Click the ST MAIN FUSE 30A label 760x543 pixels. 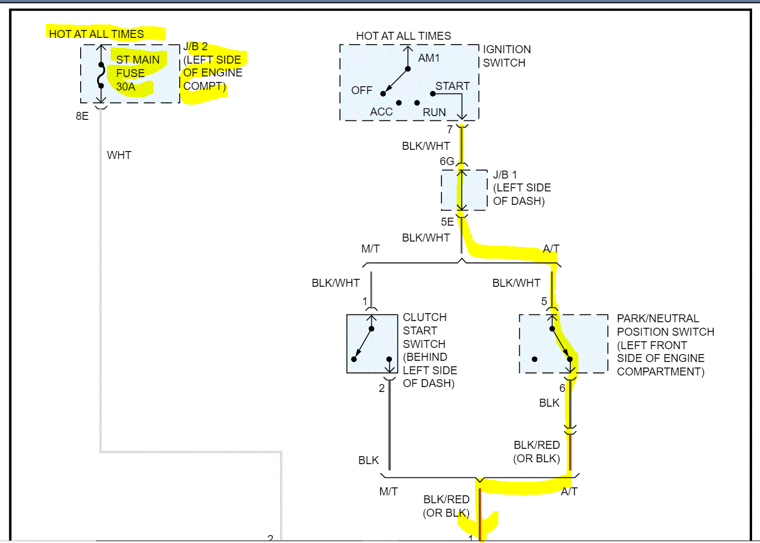click(138, 73)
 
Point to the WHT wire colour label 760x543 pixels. click(119, 155)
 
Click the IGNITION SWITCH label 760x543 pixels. click(507, 56)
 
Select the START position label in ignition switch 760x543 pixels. click(452, 86)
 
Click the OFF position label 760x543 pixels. click(361, 90)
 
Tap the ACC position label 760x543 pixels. click(381, 112)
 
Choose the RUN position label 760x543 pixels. click(434, 112)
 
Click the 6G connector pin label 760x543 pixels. click(447, 161)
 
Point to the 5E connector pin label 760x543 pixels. click(447, 222)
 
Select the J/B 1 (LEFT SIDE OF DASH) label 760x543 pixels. click(522, 188)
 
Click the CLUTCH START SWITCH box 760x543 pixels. click(371, 344)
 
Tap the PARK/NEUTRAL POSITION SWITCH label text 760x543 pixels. click(665, 345)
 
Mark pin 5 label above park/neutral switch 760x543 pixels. click(544, 301)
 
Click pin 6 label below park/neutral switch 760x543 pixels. click(562, 388)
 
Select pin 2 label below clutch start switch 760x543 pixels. click(382, 388)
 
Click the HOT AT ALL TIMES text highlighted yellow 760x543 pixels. click(97, 34)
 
